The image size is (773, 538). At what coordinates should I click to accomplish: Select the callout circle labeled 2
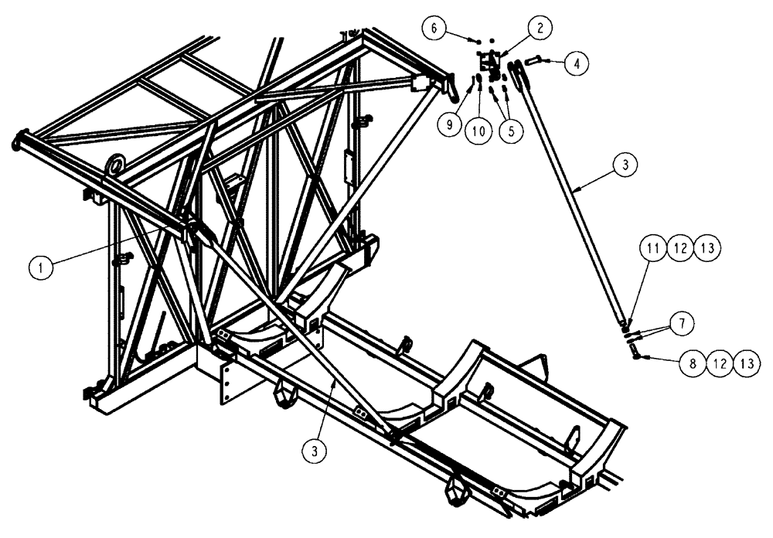[x=540, y=28]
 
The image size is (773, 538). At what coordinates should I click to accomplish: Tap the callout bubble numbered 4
[x=574, y=64]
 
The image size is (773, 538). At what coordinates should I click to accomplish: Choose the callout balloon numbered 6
[x=434, y=28]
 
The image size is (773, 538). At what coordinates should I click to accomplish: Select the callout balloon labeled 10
[x=479, y=131]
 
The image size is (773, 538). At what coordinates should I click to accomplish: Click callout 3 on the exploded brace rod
[x=625, y=164]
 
